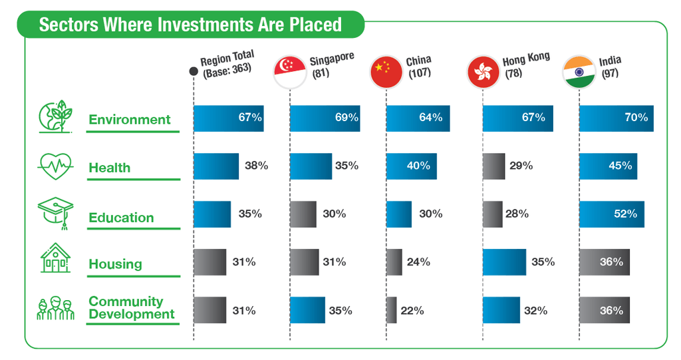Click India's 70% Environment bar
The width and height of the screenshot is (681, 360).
616,118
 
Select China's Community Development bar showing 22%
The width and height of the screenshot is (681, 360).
391,310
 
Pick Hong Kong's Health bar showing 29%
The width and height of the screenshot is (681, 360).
493,166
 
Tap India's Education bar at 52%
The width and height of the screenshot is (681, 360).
611,214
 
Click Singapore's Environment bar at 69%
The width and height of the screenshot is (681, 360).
325,118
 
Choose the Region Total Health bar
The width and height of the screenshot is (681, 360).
215,166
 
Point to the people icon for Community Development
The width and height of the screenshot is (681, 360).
55,307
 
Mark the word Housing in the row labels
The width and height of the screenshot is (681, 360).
115,264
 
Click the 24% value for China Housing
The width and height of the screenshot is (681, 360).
419,262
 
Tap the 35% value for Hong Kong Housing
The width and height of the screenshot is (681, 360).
543,262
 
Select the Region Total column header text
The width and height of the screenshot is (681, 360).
227,64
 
